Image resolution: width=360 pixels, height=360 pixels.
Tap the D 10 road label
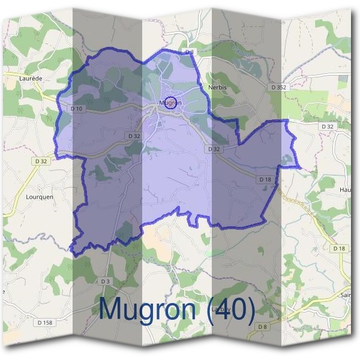click(76, 109)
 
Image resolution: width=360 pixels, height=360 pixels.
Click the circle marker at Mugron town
click(170, 103)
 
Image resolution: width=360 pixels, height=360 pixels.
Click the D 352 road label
click(279, 87)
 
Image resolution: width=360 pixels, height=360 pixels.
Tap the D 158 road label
click(45, 323)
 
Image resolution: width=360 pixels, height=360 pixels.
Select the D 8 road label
click(262, 326)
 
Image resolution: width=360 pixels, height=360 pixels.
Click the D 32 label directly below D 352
click(326, 127)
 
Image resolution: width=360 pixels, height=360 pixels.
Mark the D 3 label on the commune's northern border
click(190, 52)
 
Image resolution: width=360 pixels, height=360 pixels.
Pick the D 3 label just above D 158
click(106, 281)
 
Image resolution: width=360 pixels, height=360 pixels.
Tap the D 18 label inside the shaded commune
click(265, 179)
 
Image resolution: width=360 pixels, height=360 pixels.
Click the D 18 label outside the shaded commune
click(339, 248)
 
